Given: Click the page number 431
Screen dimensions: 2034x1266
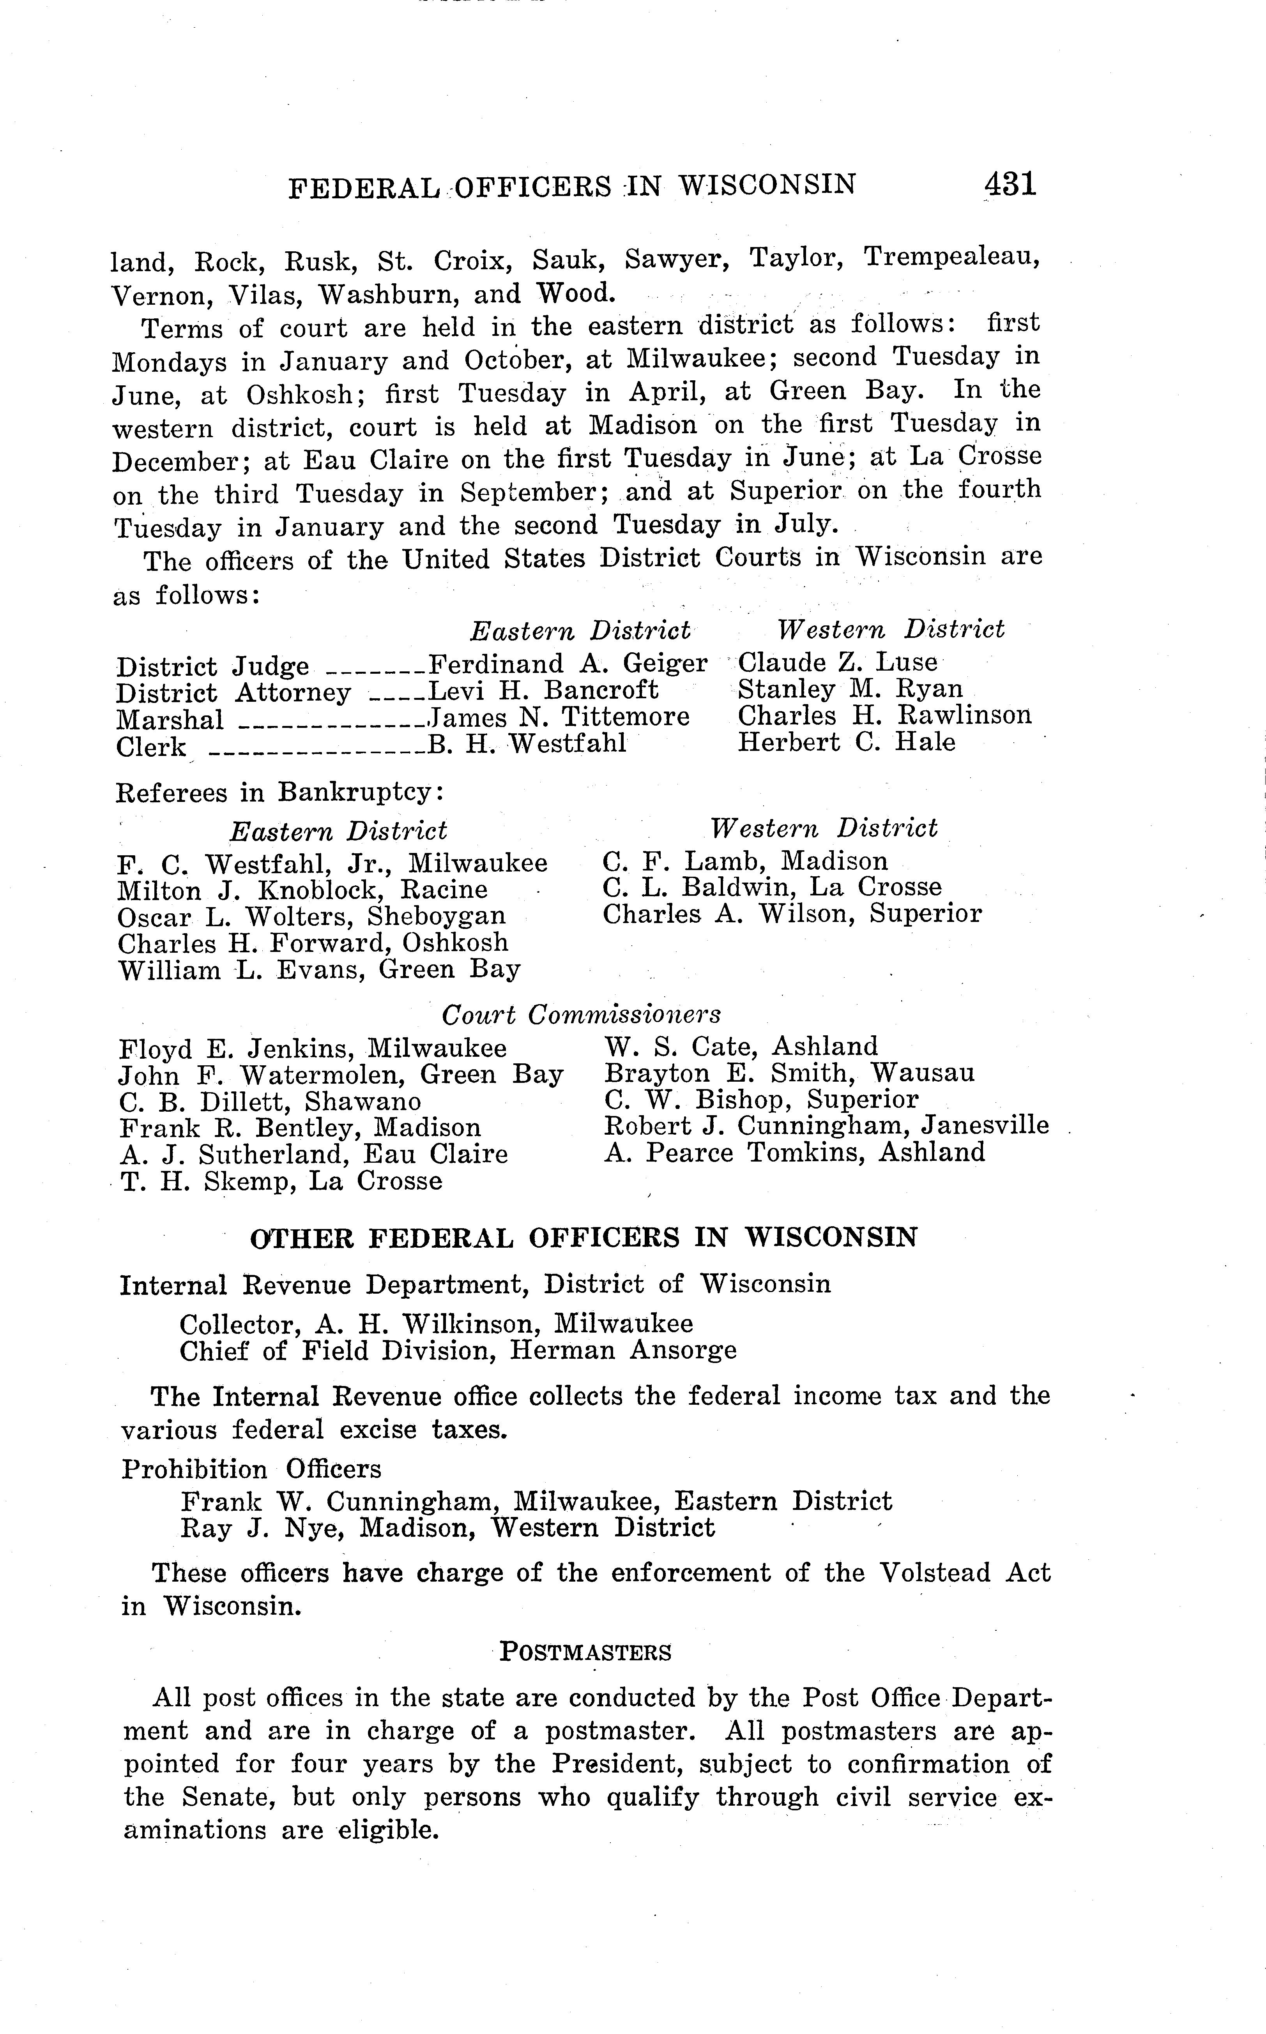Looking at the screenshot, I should point(1011,183).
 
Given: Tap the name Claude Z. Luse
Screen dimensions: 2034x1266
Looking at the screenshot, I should point(837,662).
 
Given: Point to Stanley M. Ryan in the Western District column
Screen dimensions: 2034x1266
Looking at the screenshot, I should point(850,689).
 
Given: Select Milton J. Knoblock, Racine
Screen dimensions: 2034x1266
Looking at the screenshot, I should point(302,890).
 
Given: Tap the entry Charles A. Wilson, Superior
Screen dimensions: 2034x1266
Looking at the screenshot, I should point(791,914).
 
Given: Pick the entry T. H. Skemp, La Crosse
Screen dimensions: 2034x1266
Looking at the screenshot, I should point(281,1181).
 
